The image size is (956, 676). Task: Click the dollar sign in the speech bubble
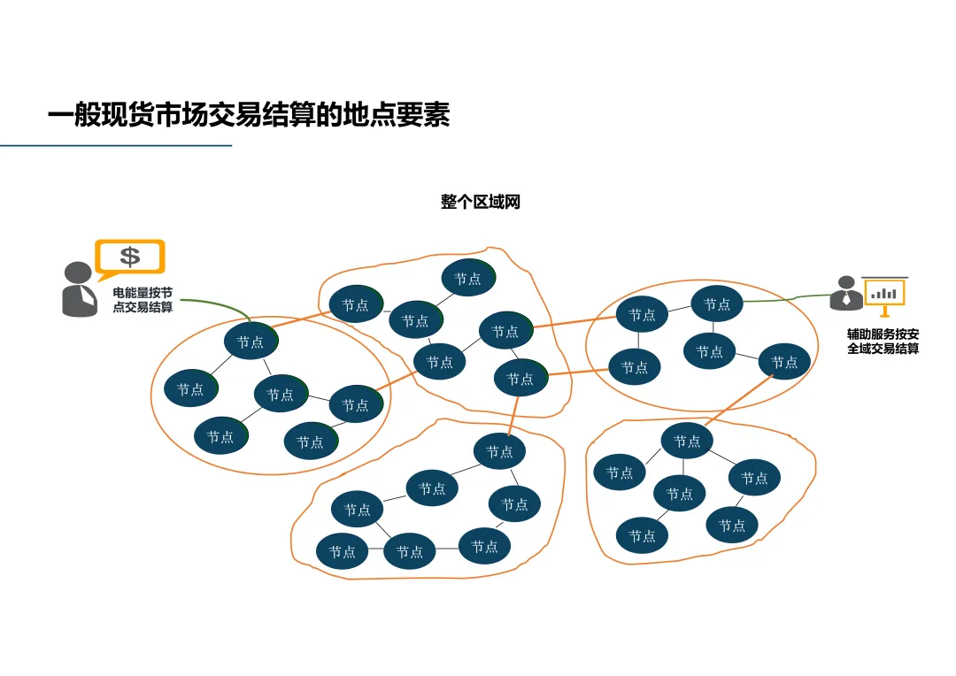click(x=130, y=257)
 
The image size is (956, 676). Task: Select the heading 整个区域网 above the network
click(x=481, y=202)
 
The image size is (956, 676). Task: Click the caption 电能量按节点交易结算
click(x=142, y=299)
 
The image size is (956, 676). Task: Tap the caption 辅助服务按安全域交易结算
click(x=883, y=342)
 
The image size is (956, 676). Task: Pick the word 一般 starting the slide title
click(x=73, y=115)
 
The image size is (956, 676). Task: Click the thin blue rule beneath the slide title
click(x=115, y=145)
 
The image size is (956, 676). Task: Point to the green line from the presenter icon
click(x=788, y=299)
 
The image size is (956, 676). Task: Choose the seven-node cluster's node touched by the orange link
click(x=499, y=452)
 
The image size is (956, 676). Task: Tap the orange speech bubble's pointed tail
click(x=104, y=275)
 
